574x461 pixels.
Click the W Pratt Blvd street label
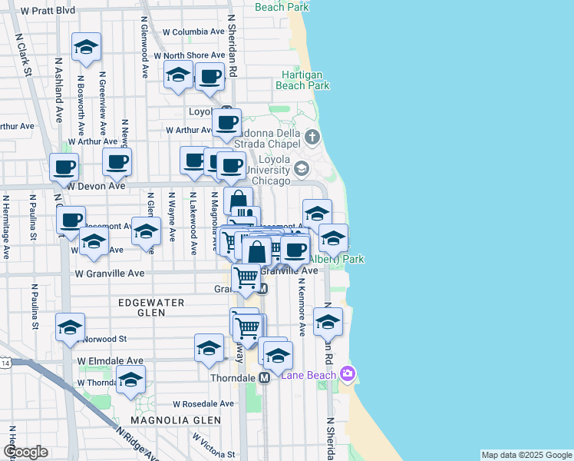tap(48, 12)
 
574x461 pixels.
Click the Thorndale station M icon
tap(263, 378)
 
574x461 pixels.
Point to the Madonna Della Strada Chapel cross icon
tap(312, 138)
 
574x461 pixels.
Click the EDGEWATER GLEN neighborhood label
tap(151, 303)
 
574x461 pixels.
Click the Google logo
tap(25, 452)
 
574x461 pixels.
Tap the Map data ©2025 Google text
tap(526, 455)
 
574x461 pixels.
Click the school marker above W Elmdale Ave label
tap(209, 348)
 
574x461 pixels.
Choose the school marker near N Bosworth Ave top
tap(86, 47)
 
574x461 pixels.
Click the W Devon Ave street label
tap(96, 186)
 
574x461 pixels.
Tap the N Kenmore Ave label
tap(302, 307)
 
